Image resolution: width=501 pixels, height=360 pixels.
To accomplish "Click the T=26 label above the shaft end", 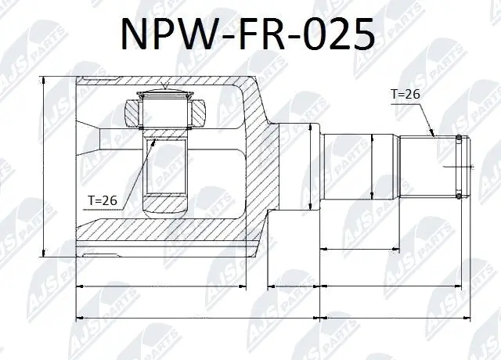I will tap(405, 94).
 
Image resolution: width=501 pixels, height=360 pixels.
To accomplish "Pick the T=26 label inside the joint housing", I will tap(102, 200).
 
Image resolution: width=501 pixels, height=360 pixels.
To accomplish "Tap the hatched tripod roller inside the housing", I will tap(164, 110).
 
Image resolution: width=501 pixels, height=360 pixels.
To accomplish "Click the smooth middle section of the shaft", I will tap(360, 167).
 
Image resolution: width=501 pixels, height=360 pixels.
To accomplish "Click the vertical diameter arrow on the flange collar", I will tap(312, 167).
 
